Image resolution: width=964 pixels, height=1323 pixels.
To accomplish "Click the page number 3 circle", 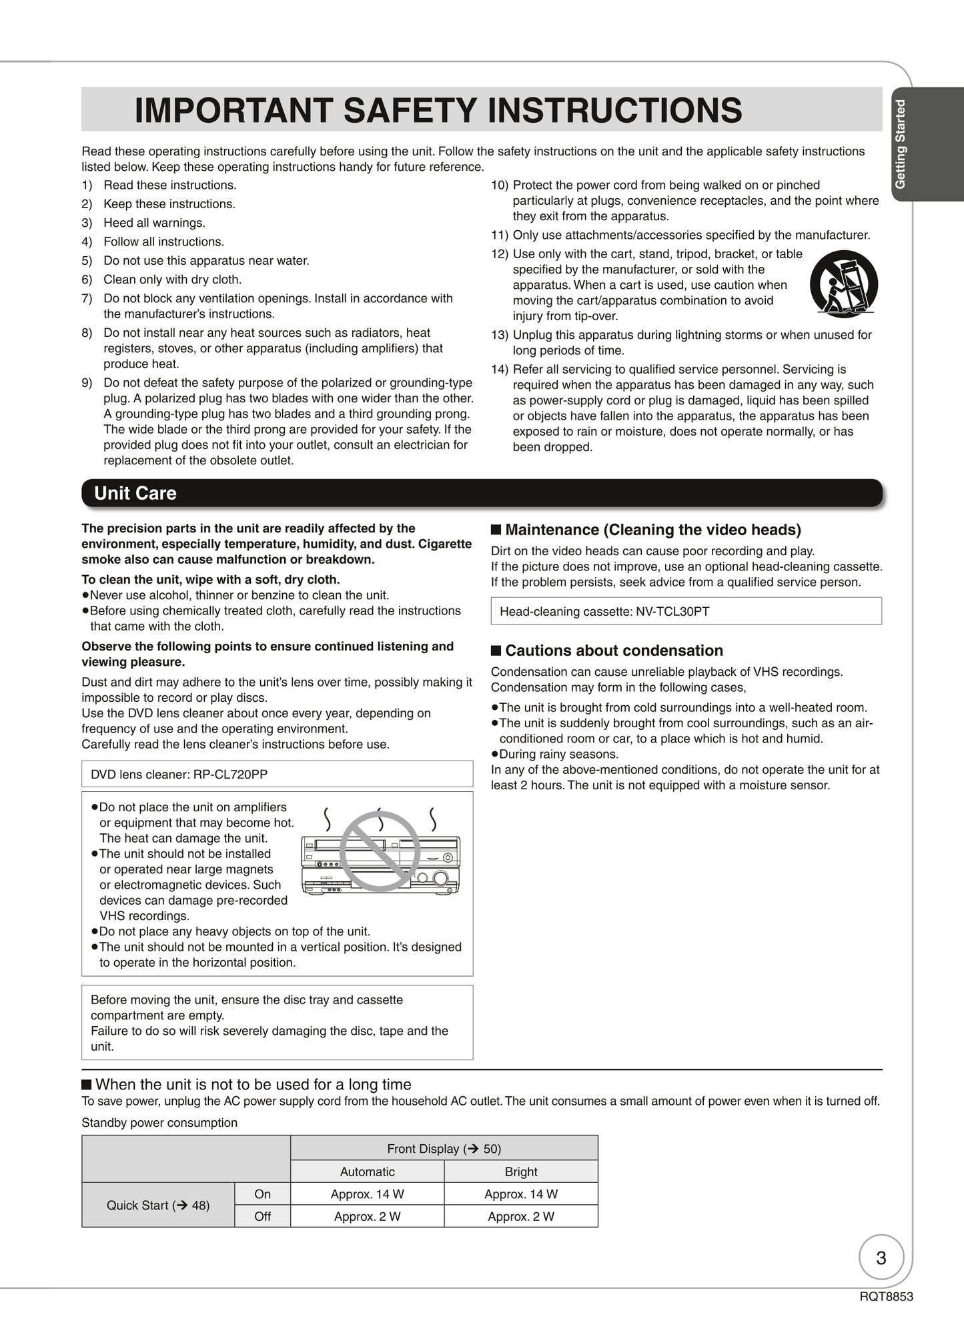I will pos(881,1258).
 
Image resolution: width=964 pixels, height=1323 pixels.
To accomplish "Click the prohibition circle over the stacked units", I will pos(380,851).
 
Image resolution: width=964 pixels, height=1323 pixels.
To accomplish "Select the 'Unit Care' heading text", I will pos(135,493).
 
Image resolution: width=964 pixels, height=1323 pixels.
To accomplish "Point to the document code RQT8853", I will pos(886,1296).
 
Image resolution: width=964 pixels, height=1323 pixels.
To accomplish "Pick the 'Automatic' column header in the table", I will pos(368,1172).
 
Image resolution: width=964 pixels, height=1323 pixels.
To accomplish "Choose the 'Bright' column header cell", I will pos(521,1172).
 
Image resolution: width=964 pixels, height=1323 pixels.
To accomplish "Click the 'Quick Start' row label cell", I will pos(158,1205).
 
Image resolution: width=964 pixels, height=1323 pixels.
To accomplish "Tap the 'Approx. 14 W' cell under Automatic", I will pos(368,1194).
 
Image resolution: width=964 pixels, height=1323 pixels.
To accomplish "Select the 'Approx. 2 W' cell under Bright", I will pos(521,1216).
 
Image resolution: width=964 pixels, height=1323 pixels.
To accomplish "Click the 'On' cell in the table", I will pos(262,1194).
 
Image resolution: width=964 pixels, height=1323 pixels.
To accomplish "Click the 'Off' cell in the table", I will pos(262,1216).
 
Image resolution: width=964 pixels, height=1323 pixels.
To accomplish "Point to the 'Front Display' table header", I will pos(444,1148).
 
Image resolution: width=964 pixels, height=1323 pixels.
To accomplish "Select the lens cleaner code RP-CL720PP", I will pos(230,775).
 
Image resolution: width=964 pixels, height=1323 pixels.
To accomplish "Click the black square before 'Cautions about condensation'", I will pos(496,650).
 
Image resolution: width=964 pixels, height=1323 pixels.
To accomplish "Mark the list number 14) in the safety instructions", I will pos(500,370).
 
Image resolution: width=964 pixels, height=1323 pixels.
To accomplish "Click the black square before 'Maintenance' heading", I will pos(496,530).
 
